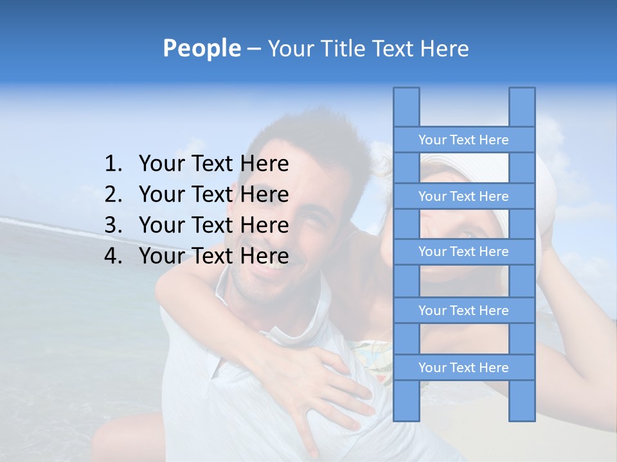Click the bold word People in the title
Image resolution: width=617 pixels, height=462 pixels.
click(201, 48)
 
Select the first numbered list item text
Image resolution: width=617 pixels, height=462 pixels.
click(213, 164)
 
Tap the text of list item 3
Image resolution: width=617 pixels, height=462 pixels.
click(213, 225)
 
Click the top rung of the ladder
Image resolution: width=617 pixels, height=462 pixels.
click(463, 140)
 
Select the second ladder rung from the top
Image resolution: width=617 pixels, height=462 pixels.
click(463, 196)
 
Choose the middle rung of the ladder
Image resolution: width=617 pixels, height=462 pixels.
click(463, 252)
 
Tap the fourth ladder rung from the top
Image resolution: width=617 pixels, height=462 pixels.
click(463, 311)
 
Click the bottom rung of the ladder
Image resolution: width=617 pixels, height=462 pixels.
click(463, 368)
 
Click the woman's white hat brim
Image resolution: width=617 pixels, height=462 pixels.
click(546, 186)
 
